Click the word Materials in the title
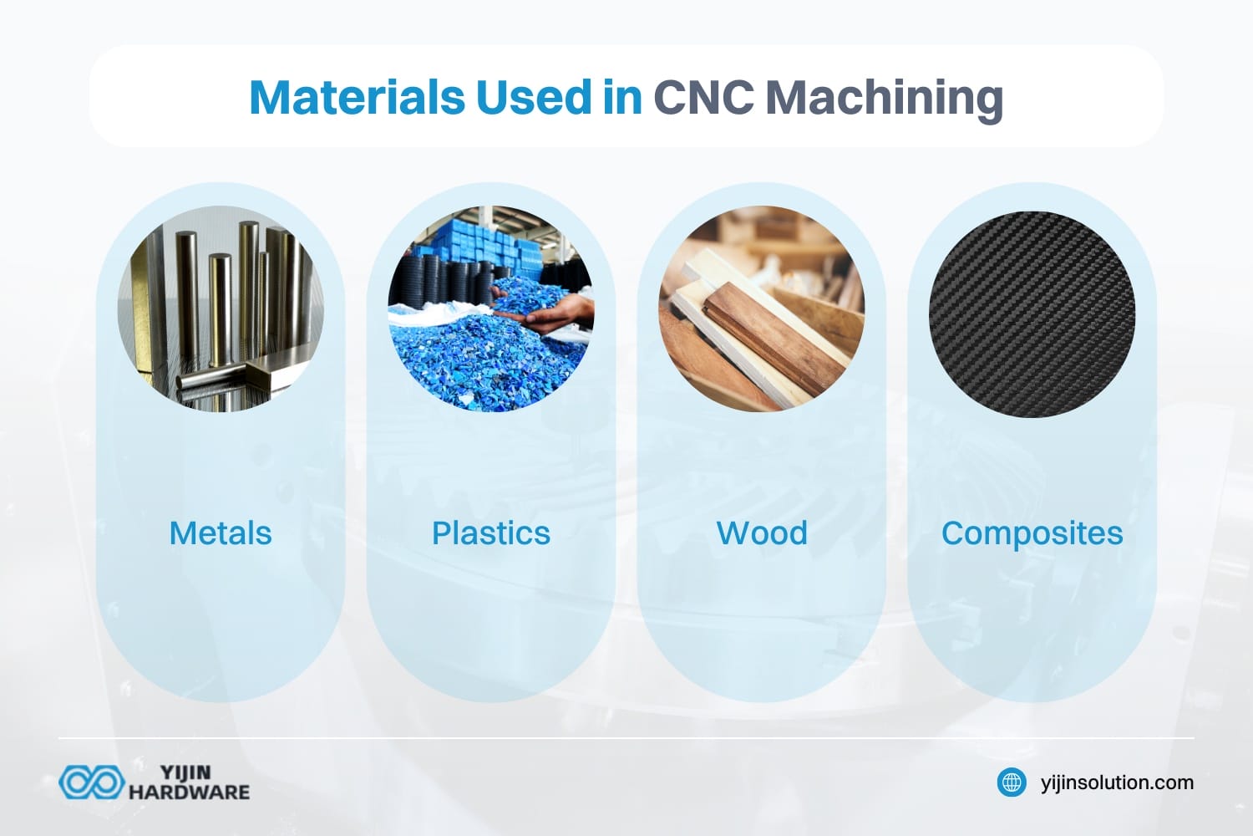(x=357, y=98)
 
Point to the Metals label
(x=221, y=533)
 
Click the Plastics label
(x=491, y=533)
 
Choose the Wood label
(x=762, y=533)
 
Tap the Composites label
(x=1032, y=533)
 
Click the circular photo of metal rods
(x=221, y=309)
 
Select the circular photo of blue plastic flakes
(x=491, y=309)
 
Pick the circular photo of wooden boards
(x=762, y=309)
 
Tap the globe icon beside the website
(x=1012, y=782)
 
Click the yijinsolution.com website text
(x=1117, y=782)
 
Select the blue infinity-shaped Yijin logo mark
(x=91, y=782)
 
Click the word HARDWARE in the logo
(x=189, y=792)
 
